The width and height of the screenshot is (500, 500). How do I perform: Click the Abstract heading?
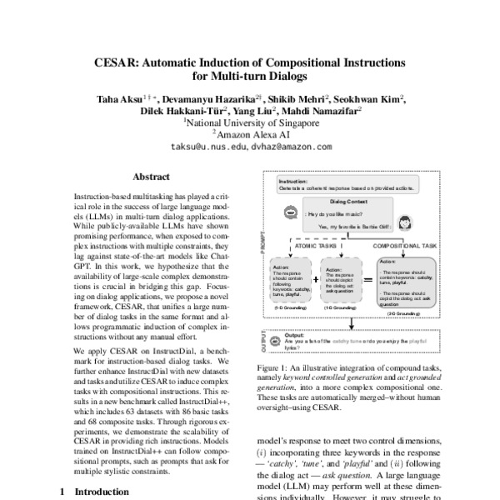(151, 176)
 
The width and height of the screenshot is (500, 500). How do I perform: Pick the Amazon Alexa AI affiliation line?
(251, 133)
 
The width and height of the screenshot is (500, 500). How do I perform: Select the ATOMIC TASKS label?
(319, 247)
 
